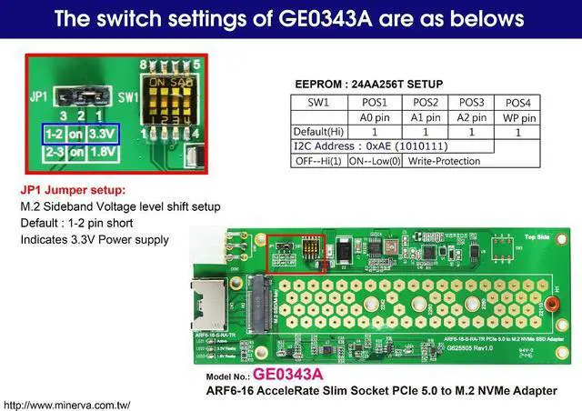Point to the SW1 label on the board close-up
(x=128, y=94)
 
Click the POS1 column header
(x=374, y=102)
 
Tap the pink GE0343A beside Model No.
(x=288, y=374)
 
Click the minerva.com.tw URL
(x=68, y=404)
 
